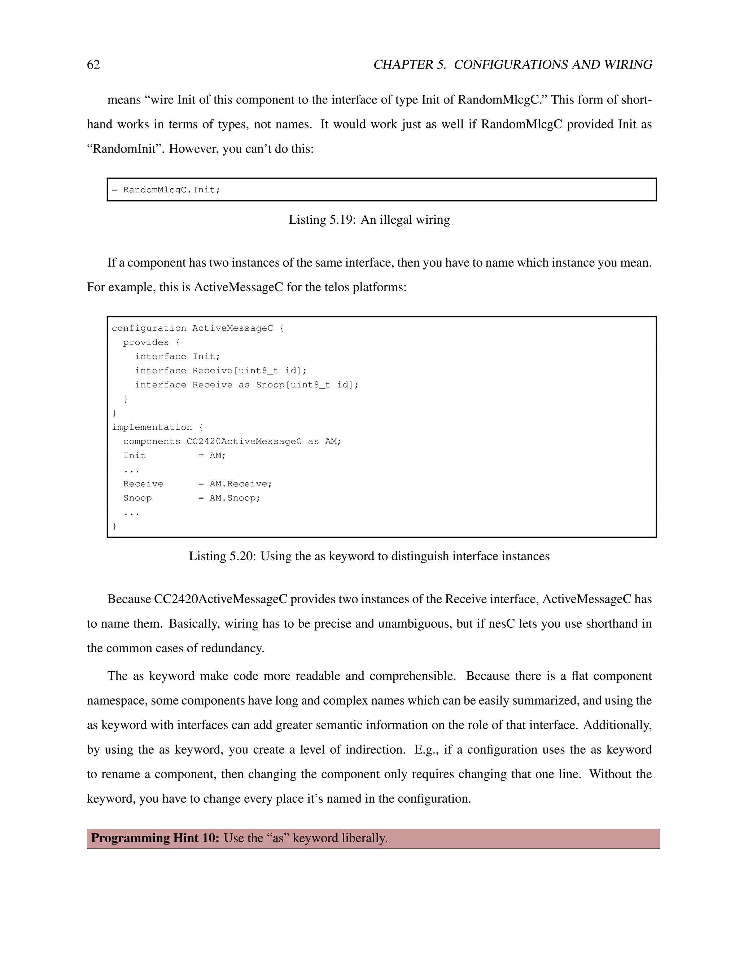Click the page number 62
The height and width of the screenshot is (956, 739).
pyautogui.click(x=93, y=65)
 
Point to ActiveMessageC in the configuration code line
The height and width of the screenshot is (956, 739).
pyautogui.click(x=232, y=328)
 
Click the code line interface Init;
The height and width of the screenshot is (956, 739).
pyautogui.click(x=177, y=357)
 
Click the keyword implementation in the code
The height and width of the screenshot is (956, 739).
pyautogui.click(x=152, y=427)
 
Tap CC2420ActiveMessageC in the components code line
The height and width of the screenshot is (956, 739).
pyautogui.click(x=244, y=441)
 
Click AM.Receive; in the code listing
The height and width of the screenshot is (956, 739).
pyautogui.click(x=240, y=484)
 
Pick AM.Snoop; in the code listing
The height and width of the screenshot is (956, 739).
pyautogui.click(x=235, y=498)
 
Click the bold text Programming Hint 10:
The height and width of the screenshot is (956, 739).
pyautogui.click(x=155, y=838)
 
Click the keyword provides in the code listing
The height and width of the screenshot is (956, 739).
pyautogui.click(x=145, y=342)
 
